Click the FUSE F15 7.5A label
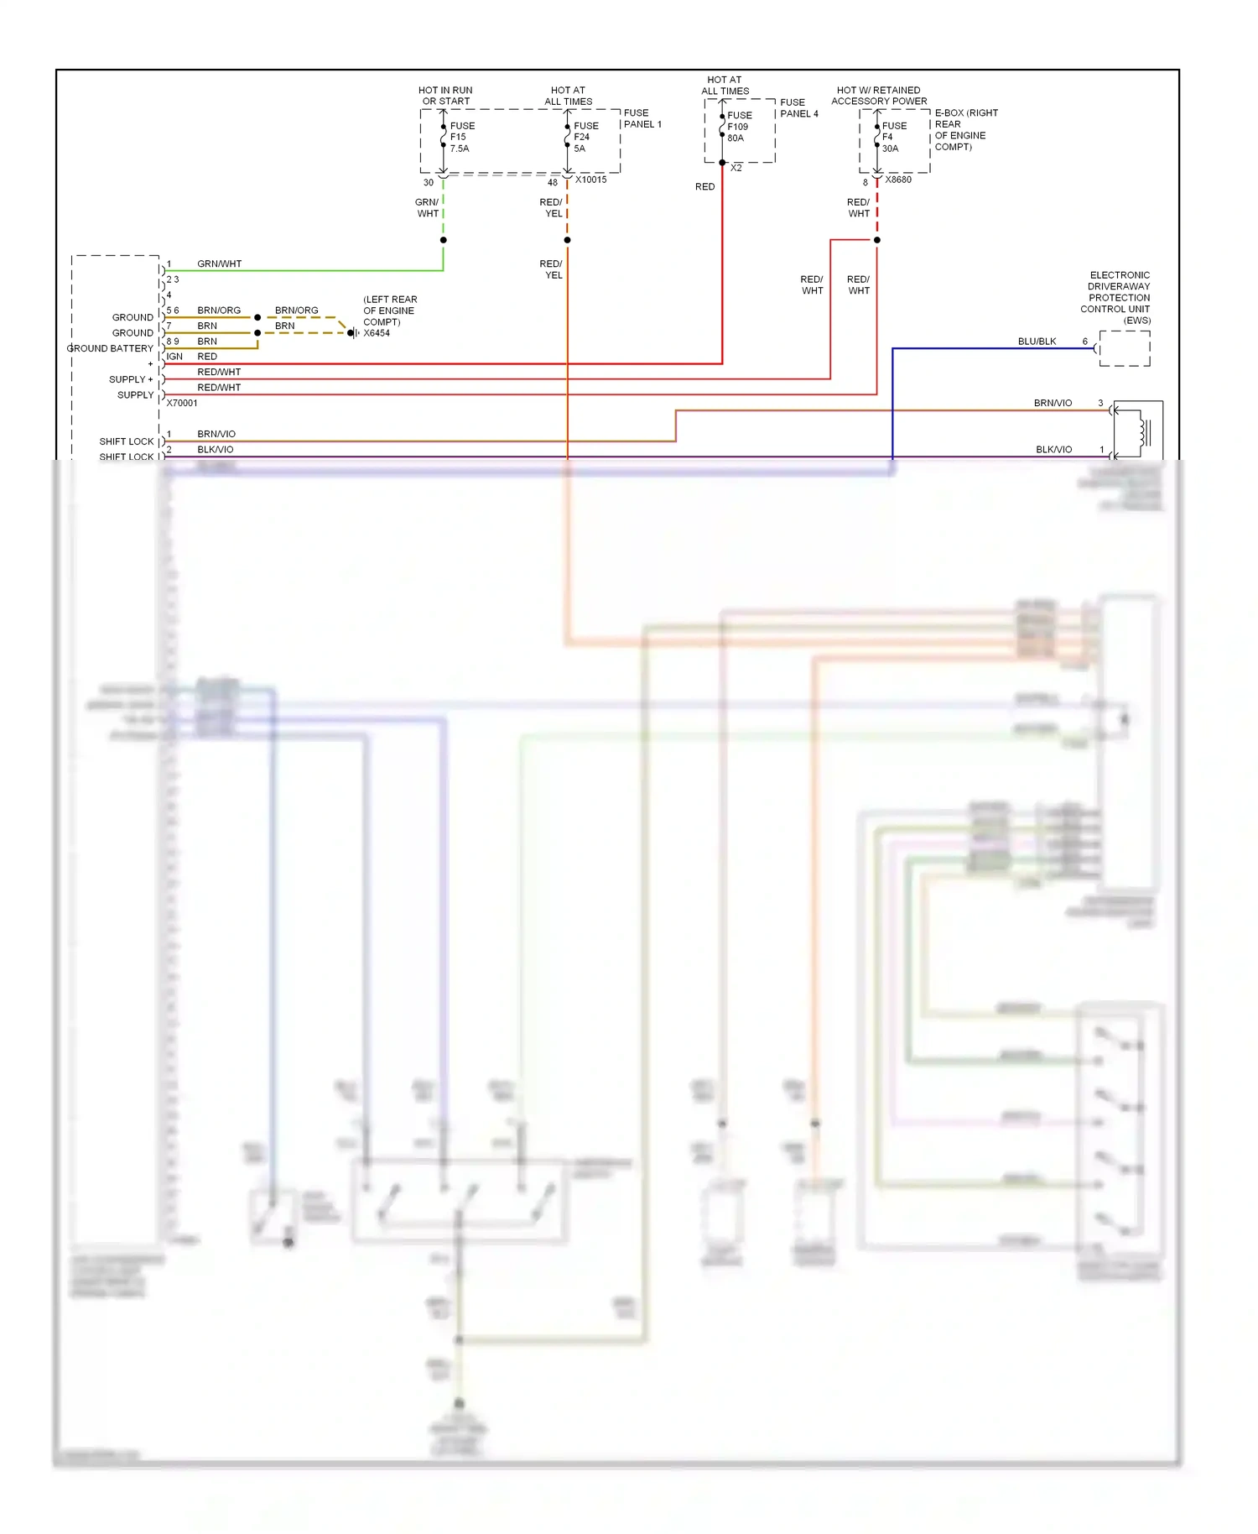461,137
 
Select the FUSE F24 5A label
585,137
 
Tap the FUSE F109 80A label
739,127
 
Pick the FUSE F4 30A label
893,137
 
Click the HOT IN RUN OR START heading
445,96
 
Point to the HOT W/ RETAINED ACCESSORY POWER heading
879,96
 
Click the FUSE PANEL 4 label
798,108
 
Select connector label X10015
590,180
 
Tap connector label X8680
898,180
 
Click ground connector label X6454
377,333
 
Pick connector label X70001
182,403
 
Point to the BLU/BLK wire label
1037,342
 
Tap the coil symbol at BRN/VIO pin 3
1142,432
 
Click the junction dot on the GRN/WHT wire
443,240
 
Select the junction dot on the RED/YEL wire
567,240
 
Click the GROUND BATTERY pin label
110,348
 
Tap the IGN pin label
174,357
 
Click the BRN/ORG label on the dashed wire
296,310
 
